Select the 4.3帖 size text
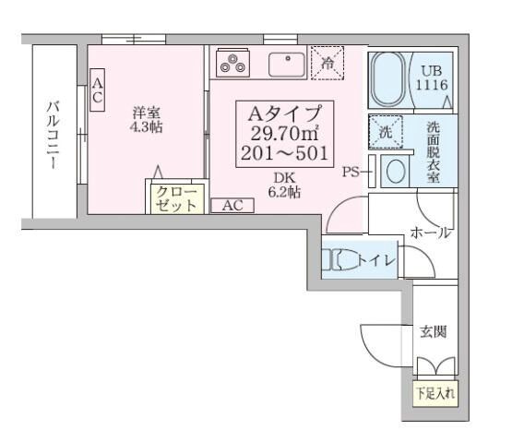pos(146,127)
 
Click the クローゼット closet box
pos(175,198)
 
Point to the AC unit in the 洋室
pos(98,91)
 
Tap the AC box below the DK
pos(232,206)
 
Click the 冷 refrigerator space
pos(327,62)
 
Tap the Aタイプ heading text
pos(284,113)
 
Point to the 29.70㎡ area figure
pos(284,133)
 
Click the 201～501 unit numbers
pos(284,152)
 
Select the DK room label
pos(282,178)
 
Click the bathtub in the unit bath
pos(388,79)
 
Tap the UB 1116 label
pos(433,78)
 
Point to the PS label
pos(351,171)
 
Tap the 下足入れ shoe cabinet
pos(434,393)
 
